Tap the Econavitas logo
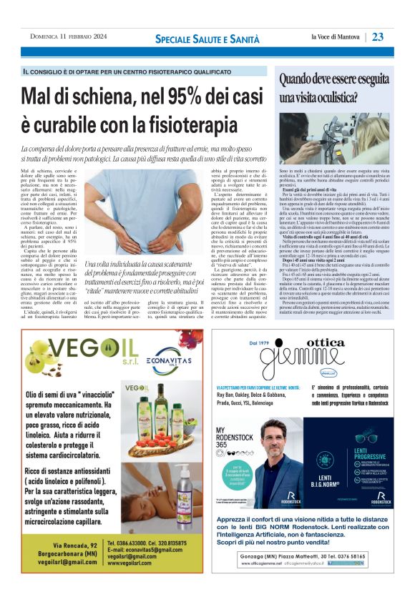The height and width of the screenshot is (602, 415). tap(160, 362)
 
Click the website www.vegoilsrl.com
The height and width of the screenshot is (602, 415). tap(133, 563)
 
